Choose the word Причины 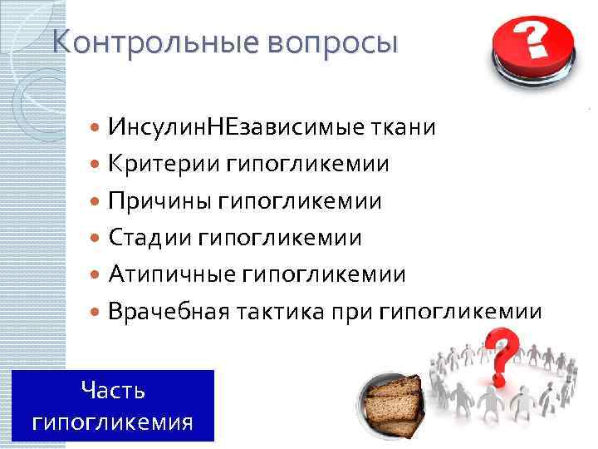(x=159, y=201)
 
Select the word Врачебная (x=172, y=312)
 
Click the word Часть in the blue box (x=114, y=389)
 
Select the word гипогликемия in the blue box (x=113, y=421)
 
